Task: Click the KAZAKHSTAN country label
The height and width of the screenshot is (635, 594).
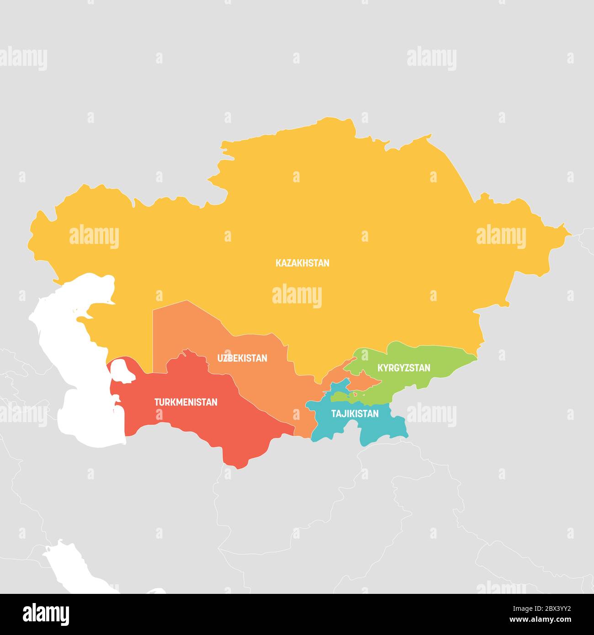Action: point(302,263)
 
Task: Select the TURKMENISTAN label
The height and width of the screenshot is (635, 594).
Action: point(186,402)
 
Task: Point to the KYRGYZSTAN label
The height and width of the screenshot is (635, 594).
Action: point(403,368)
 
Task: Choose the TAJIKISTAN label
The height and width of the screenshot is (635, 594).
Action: point(355,414)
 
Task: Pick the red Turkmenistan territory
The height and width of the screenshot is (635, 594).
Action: point(206,425)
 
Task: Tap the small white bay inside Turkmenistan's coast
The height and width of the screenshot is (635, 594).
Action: point(121,370)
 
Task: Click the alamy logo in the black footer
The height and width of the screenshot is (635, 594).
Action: point(46,614)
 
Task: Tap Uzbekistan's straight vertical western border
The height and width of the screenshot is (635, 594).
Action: point(153,338)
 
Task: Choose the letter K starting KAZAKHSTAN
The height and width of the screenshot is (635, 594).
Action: point(278,263)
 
